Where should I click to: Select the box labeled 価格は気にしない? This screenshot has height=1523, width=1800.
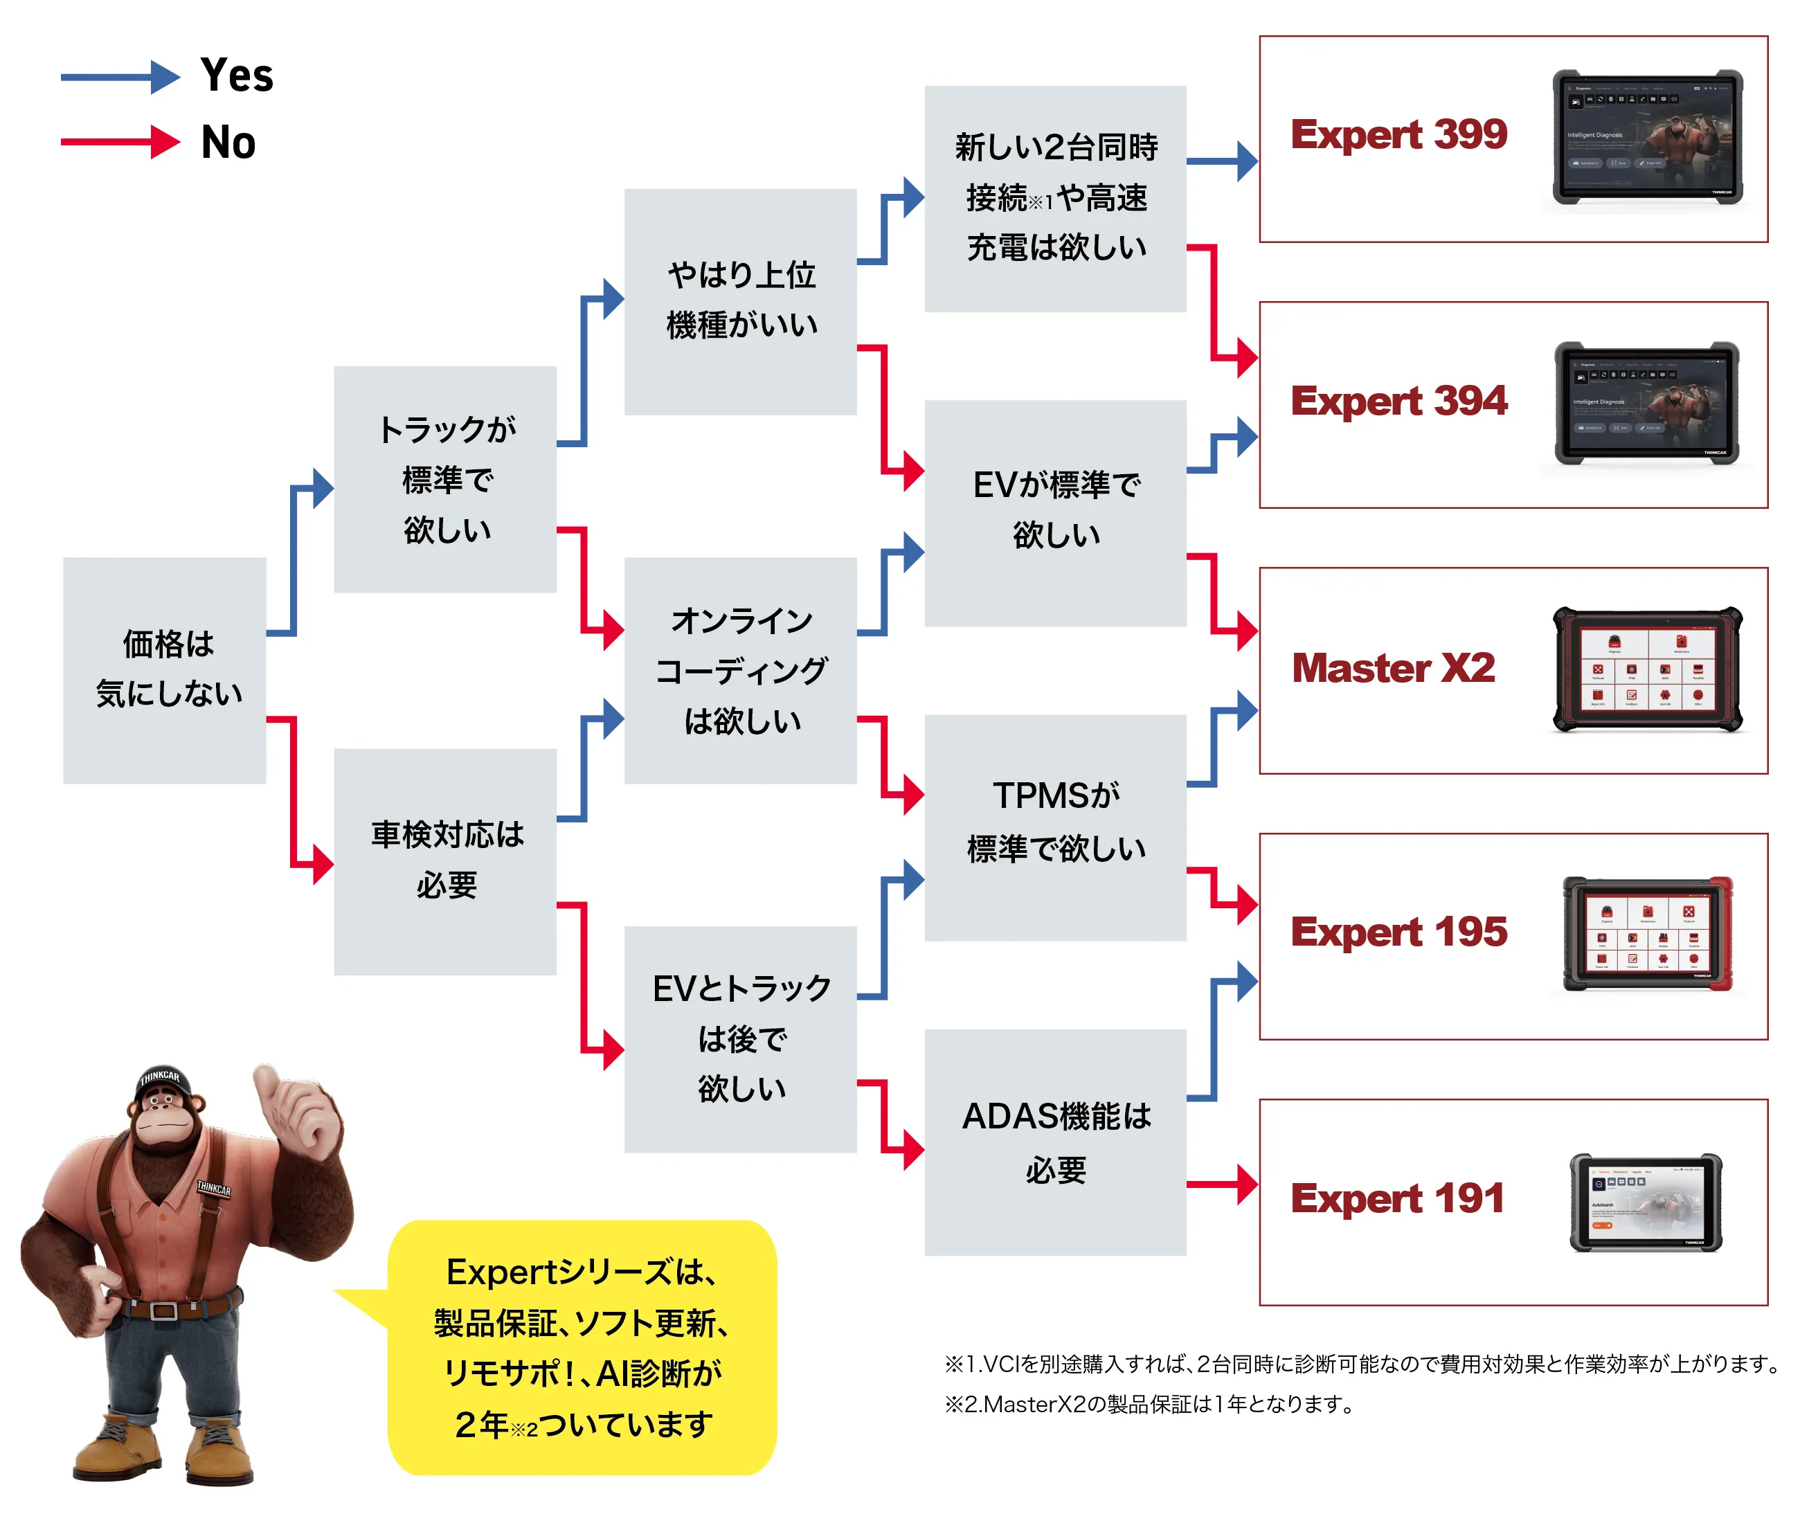[x=165, y=670]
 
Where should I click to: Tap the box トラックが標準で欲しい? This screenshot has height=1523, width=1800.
[x=445, y=479]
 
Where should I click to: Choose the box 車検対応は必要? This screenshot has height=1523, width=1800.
[x=445, y=860]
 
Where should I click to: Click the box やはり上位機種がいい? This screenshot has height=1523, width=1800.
[x=740, y=300]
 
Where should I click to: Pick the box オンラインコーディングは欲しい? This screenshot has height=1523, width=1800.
[x=740, y=670]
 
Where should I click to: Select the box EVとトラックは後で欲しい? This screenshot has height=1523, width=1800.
[x=740, y=1038]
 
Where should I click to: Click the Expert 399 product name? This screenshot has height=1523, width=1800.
[x=1398, y=135]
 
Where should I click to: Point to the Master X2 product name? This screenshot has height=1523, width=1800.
[x=1392, y=668]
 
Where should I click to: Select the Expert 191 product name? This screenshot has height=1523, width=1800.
[x=1396, y=1198]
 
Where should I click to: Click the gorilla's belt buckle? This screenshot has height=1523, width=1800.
[x=164, y=1310]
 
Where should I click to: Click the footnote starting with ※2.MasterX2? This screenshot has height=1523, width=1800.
[x=1149, y=1405]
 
